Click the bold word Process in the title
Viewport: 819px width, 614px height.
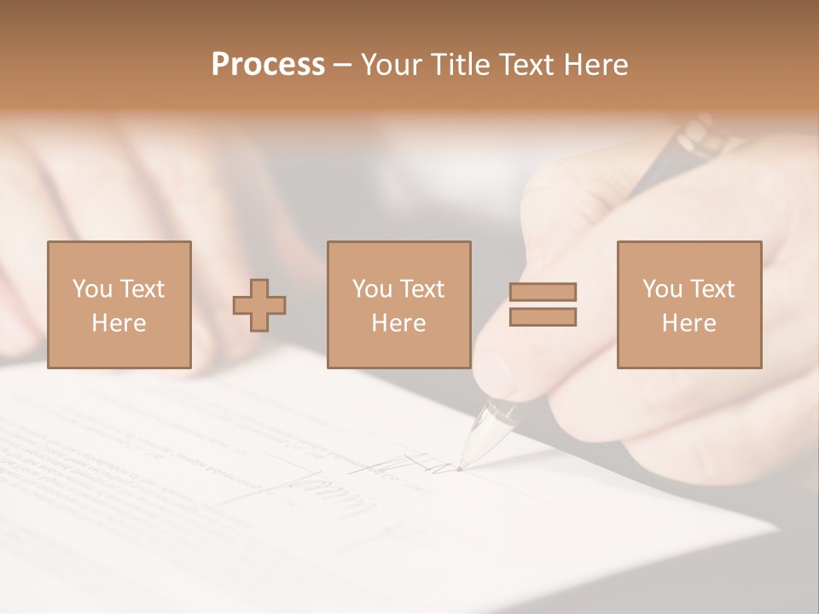[268, 65]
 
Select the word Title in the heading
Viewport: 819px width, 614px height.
[460, 65]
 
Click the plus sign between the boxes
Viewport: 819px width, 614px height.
[259, 305]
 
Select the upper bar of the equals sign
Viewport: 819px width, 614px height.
[543, 293]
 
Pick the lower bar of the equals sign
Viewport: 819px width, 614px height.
[543, 317]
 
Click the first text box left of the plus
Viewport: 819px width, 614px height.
[119, 305]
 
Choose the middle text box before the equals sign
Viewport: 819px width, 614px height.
[398, 305]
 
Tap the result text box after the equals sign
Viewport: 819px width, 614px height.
[688, 305]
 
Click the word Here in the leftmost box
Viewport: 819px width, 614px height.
[119, 323]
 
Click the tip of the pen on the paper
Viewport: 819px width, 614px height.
[461, 467]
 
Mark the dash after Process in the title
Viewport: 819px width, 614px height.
[342, 65]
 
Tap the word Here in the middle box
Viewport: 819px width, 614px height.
[398, 323]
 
